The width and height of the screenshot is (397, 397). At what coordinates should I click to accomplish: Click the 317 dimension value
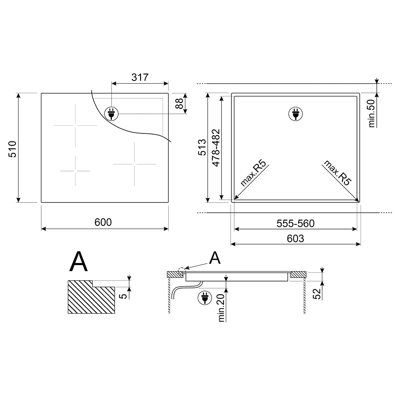click(140, 77)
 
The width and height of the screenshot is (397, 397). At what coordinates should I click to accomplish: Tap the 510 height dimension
click(12, 149)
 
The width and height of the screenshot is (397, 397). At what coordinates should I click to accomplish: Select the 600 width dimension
click(103, 222)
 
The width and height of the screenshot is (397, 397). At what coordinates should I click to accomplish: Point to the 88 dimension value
click(179, 104)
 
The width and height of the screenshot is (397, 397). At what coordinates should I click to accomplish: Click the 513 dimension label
click(202, 147)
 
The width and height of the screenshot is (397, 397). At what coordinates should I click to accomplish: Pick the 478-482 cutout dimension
click(216, 148)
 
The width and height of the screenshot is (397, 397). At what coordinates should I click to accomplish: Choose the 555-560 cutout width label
click(295, 224)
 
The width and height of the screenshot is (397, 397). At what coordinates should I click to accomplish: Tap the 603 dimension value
click(295, 239)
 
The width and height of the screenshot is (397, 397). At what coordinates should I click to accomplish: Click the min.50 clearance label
click(372, 113)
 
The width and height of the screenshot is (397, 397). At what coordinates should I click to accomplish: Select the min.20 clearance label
click(221, 308)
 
